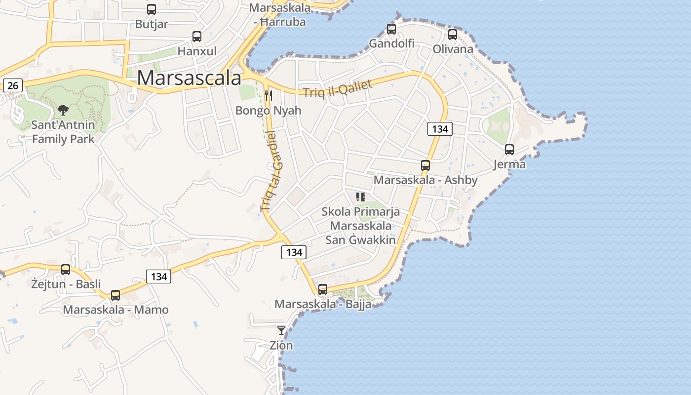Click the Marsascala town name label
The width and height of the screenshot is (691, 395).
coord(189,78)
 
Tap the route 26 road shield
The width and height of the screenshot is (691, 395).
coord(13,85)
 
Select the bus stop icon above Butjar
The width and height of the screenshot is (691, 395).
coord(152,9)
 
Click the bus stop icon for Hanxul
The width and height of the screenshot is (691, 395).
coord(197,37)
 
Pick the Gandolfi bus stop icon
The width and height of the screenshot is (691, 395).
coord(391,29)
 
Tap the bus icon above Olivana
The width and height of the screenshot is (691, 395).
coord(453,35)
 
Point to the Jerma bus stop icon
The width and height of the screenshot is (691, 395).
coord(509,150)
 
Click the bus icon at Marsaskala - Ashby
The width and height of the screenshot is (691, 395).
coord(425,165)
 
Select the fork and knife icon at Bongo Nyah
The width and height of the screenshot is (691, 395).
coord(269,95)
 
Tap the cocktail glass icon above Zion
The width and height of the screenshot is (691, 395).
coord(281,331)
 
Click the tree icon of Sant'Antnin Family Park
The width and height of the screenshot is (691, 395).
coord(63,110)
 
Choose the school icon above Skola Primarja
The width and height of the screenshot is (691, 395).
coord(361,197)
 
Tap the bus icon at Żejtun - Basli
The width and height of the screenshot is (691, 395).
coord(66,270)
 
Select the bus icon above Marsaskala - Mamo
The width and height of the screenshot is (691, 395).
coord(115,295)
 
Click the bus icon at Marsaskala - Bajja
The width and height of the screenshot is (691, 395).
coord(323,289)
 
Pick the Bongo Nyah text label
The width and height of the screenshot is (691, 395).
coord(268,110)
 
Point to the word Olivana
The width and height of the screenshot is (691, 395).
coord(453,49)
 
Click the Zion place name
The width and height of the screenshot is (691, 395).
coord(281,345)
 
